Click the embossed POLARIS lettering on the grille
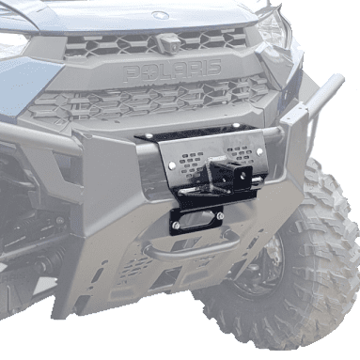[x=172, y=70]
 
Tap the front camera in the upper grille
[x=166, y=43]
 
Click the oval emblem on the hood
[x=160, y=15]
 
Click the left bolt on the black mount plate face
[x=171, y=164]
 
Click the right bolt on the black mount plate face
[x=259, y=151]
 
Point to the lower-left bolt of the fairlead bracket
[x=176, y=225]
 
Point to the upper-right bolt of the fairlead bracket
[x=220, y=215]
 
